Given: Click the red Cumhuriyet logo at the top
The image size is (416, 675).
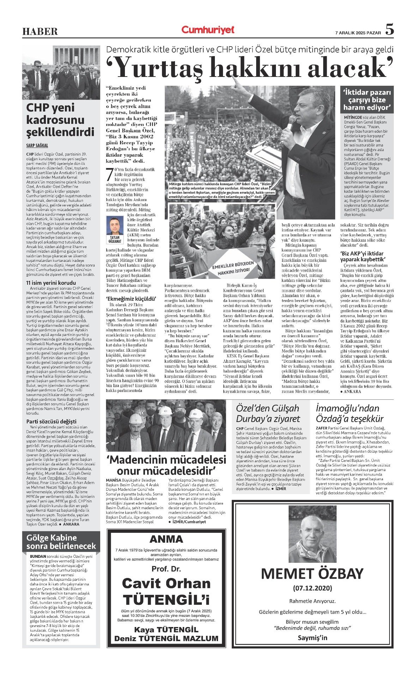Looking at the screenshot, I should click(208, 30).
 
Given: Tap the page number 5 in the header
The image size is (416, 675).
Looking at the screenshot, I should click(389, 30).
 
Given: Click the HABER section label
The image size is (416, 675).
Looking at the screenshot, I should click(40, 32).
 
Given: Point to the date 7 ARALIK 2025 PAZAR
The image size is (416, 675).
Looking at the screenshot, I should click(358, 33).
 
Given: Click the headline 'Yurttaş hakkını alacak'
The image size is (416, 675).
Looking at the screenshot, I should click(255, 68).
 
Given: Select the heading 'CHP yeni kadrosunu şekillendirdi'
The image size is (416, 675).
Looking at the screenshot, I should click(60, 120).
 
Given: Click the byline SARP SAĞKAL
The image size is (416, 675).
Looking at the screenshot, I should click(37, 145).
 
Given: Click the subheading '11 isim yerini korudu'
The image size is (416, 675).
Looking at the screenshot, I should click(51, 283).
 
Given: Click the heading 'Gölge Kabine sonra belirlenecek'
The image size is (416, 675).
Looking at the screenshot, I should click(61, 542).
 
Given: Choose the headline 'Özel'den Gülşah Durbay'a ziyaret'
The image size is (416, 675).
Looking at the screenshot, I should click(268, 414).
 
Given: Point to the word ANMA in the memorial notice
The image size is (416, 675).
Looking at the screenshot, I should click(166, 539).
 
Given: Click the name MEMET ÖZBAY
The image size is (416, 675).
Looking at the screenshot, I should click(312, 574).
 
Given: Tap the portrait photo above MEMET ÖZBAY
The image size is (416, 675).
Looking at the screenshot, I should click(312, 535).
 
